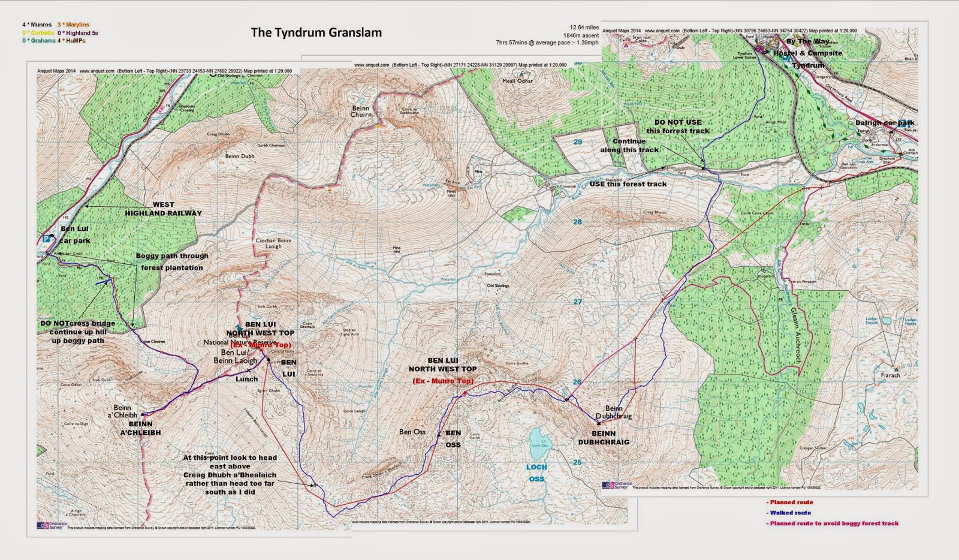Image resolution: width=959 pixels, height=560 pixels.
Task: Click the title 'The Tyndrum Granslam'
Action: (x=316, y=32)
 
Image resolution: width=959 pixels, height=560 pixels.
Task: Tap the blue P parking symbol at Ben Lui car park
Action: (x=46, y=239)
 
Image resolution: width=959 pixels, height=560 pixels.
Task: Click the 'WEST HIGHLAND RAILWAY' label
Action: (x=163, y=209)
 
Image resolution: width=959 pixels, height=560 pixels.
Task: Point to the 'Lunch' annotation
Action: (x=246, y=379)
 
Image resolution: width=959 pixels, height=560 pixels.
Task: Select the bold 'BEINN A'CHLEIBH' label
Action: (x=140, y=428)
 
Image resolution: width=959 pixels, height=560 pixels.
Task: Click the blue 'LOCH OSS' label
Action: (x=536, y=472)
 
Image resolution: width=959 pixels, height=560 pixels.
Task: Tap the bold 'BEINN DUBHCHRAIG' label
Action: (x=604, y=438)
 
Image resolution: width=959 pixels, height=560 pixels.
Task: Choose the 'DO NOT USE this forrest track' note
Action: (x=678, y=127)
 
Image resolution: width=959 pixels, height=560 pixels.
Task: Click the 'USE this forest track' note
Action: (x=628, y=184)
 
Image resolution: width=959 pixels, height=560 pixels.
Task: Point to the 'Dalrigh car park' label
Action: (x=885, y=123)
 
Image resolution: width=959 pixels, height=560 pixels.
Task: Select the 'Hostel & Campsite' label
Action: (x=807, y=53)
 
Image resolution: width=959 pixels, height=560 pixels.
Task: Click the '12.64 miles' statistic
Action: (x=584, y=28)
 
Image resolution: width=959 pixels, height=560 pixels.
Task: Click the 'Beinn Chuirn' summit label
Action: (x=361, y=112)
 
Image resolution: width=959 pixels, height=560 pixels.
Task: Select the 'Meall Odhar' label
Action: (x=517, y=81)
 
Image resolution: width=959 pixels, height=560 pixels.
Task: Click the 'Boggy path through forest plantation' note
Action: (x=172, y=261)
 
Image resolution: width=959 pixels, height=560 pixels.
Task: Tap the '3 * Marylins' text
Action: (x=73, y=25)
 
